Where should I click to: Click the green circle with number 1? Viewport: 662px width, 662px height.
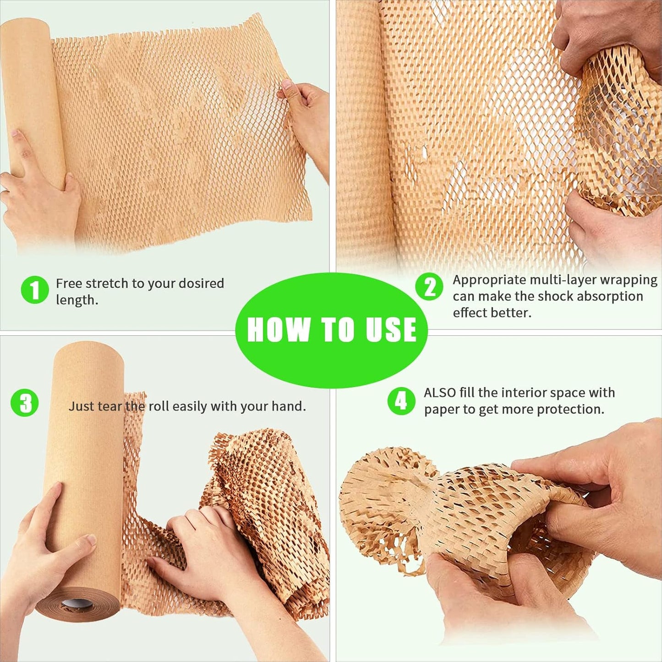tap(35, 290)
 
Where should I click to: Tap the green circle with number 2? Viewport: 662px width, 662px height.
tap(429, 287)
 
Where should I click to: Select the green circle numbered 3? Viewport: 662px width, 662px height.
tap(25, 403)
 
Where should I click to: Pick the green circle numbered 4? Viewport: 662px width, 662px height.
tap(401, 401)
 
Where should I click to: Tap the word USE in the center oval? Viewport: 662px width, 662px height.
tap(391, 329)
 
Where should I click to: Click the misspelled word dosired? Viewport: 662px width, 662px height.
tap(201, 284)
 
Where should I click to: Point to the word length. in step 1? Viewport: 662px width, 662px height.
tap(77, 300)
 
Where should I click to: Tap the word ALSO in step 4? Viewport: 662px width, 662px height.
tap(440, 393)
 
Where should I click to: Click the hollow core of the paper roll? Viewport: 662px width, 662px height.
tap(77, 604)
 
